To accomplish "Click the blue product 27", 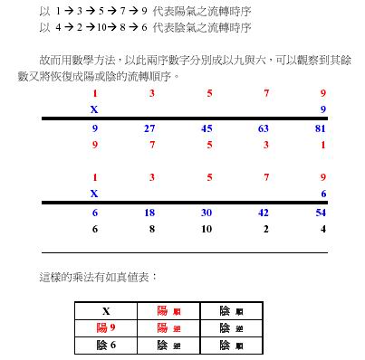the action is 150,128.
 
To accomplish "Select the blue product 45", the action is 207,128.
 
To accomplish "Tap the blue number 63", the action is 264,128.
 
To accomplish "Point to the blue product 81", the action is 321,128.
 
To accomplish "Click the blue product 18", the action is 150,212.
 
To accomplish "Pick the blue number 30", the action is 207,212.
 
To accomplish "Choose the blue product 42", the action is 264,212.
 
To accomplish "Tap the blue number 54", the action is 321,212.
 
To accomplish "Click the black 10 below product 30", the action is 207,229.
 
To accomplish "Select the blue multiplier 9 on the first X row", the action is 322,109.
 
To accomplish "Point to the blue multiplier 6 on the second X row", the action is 322,193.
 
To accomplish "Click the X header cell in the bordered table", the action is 107,310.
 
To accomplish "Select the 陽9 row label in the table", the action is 107,327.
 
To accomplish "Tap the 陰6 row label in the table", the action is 107,344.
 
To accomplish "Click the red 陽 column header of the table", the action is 168,310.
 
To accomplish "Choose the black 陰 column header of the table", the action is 230,310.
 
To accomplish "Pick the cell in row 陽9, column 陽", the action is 168,327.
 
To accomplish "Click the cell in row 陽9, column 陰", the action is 230,327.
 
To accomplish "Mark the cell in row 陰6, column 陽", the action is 168,344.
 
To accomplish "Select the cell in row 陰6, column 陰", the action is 230,344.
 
